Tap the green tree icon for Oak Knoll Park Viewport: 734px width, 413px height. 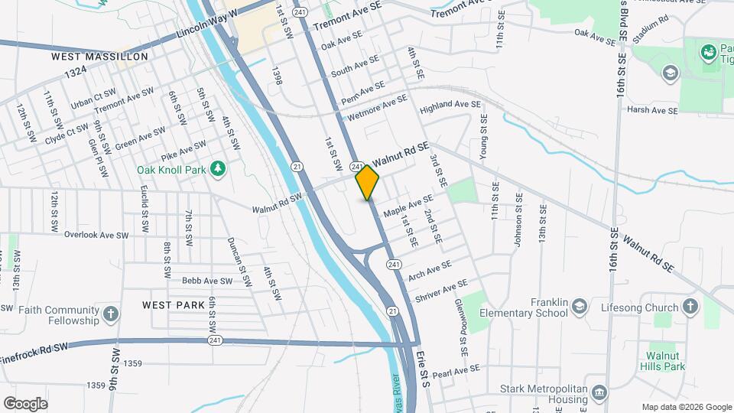(219, 168)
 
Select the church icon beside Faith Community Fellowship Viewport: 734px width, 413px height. (112, 314)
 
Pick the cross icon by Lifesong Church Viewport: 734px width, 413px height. (690, 307)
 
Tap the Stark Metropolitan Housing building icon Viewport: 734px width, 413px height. (599, 392)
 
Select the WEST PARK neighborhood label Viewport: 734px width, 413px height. (174, 304)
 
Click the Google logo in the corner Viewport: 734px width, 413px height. (25, 403)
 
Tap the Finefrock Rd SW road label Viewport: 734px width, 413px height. (34, 349)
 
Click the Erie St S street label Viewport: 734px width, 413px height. (424, 369)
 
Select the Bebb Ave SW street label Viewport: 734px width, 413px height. (206, 281)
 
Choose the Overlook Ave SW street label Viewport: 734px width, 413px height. (96, 235)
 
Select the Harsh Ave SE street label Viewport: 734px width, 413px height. (652, 111)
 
